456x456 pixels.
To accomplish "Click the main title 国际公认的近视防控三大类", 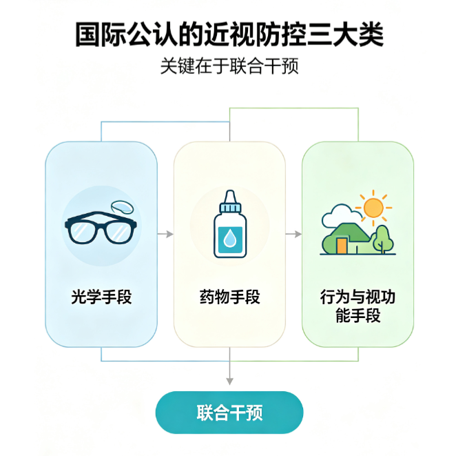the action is [229, 34].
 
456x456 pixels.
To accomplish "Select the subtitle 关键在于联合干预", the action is [229, 66].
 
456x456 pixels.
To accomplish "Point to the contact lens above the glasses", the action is [122, 207].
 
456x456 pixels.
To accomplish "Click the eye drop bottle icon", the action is [230, 224].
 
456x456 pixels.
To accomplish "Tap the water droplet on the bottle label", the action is [230, 239].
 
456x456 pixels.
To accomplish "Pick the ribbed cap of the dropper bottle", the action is [230, 208].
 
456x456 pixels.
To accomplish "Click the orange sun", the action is [373, 208].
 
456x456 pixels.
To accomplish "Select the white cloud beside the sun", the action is [340, 215].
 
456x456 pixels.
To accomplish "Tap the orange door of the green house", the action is [342, 246].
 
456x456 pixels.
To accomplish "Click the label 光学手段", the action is [101, 297].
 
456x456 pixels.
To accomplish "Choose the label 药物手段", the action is [230, 297].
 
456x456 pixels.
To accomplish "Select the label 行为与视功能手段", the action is [357, 306].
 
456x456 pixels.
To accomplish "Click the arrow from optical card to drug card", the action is [165, 234].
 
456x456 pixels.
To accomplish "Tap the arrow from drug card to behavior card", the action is [293, 234].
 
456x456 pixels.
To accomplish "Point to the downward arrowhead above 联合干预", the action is [230, 381].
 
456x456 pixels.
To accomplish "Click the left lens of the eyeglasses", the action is [82, 232].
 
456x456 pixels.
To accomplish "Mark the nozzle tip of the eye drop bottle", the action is [230, 191].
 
